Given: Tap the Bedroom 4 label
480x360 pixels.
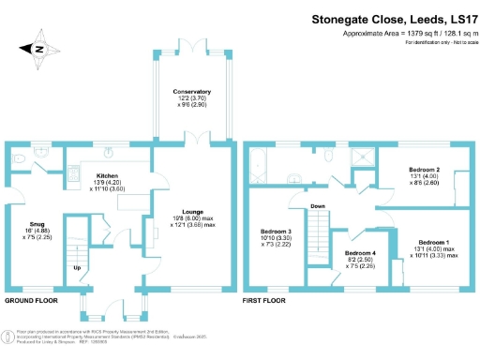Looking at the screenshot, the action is point(360,254).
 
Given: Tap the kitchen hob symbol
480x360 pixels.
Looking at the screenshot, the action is point(73,173).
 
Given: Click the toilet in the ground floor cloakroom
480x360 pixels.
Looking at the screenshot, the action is point(20,161).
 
